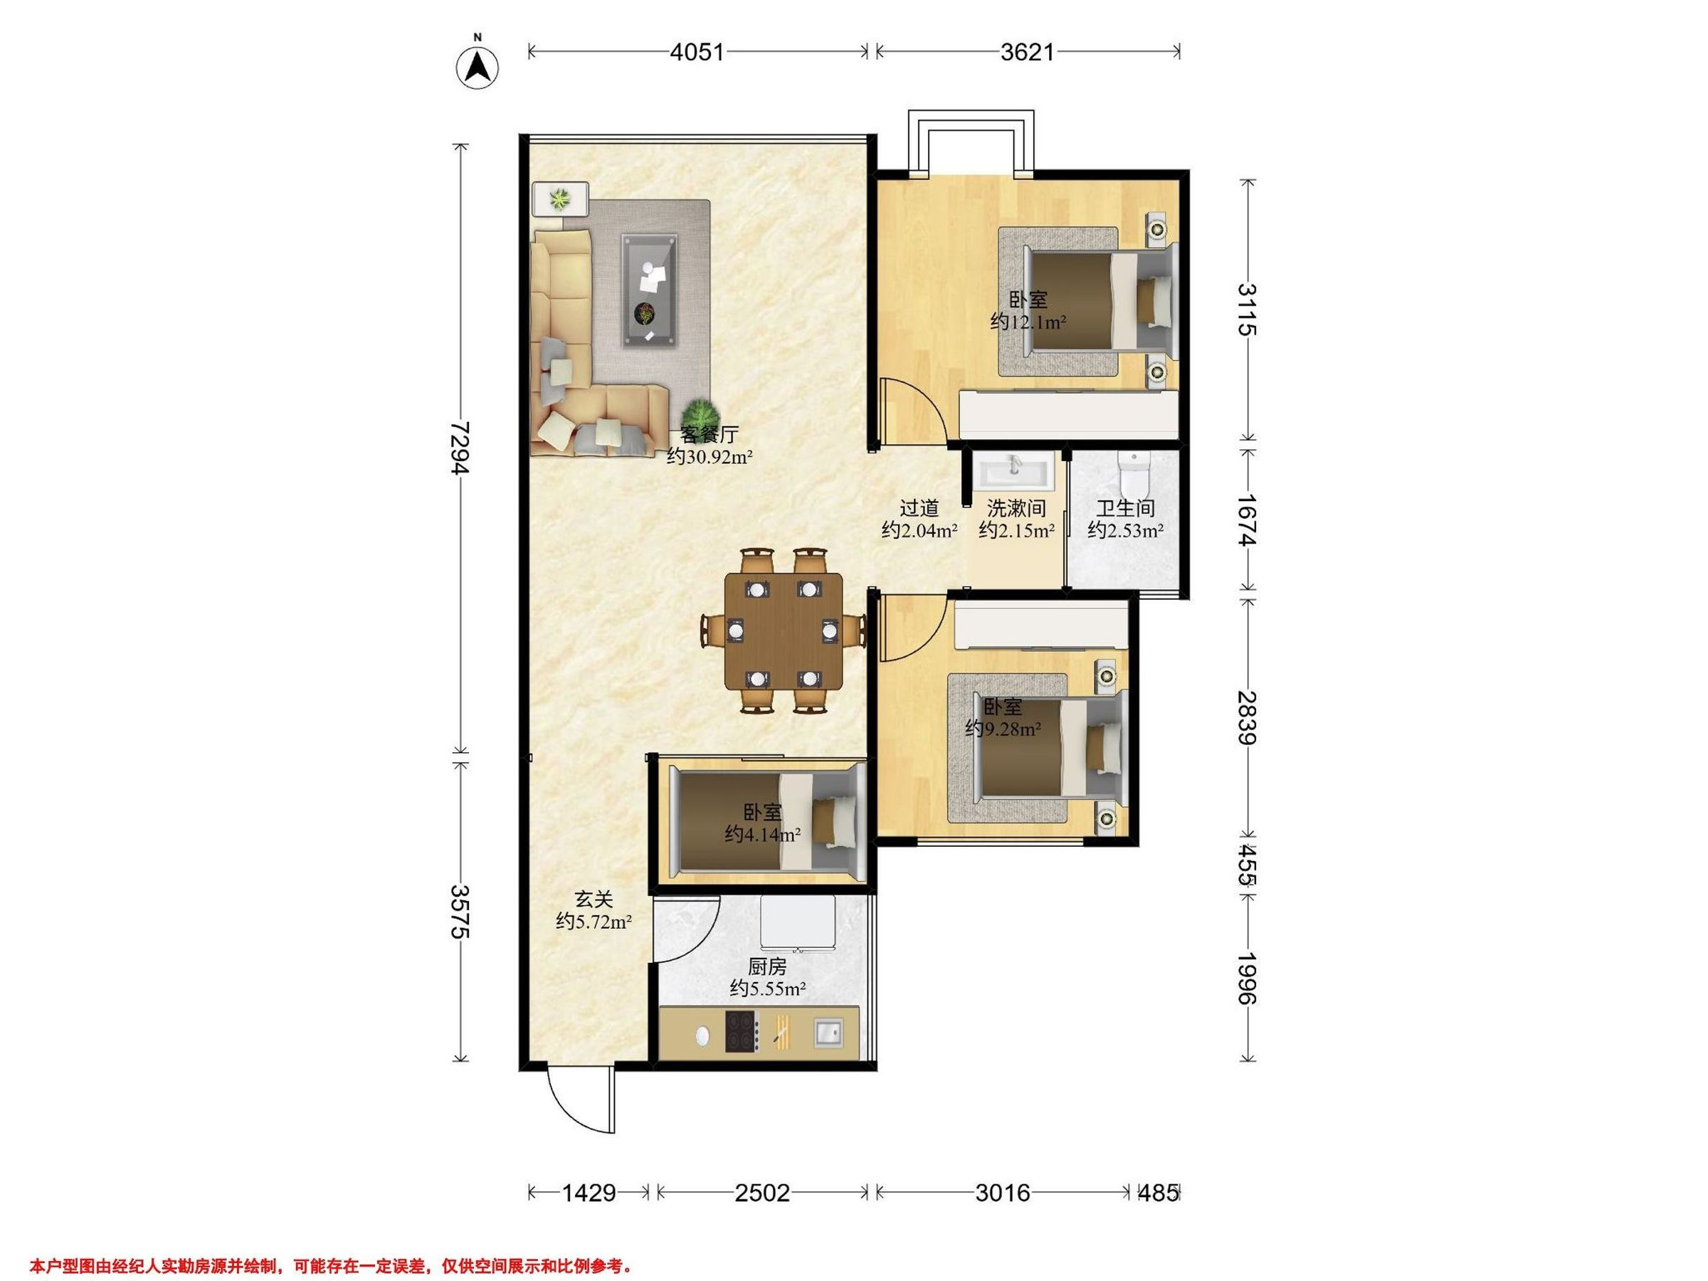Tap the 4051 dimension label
(x=697, y=52)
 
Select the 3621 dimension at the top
(x=1027, y=52)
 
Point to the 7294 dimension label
(x=460, y=448)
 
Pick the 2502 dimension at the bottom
(x=762, y=1193)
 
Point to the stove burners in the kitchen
(x=742, y=1032)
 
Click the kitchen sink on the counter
(x=828, y=1032)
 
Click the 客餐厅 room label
(x=709, y=434)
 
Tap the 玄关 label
(x=594, y=900)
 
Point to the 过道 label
(x=919, y=508)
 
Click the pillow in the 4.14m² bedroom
(x=833, y=820)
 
